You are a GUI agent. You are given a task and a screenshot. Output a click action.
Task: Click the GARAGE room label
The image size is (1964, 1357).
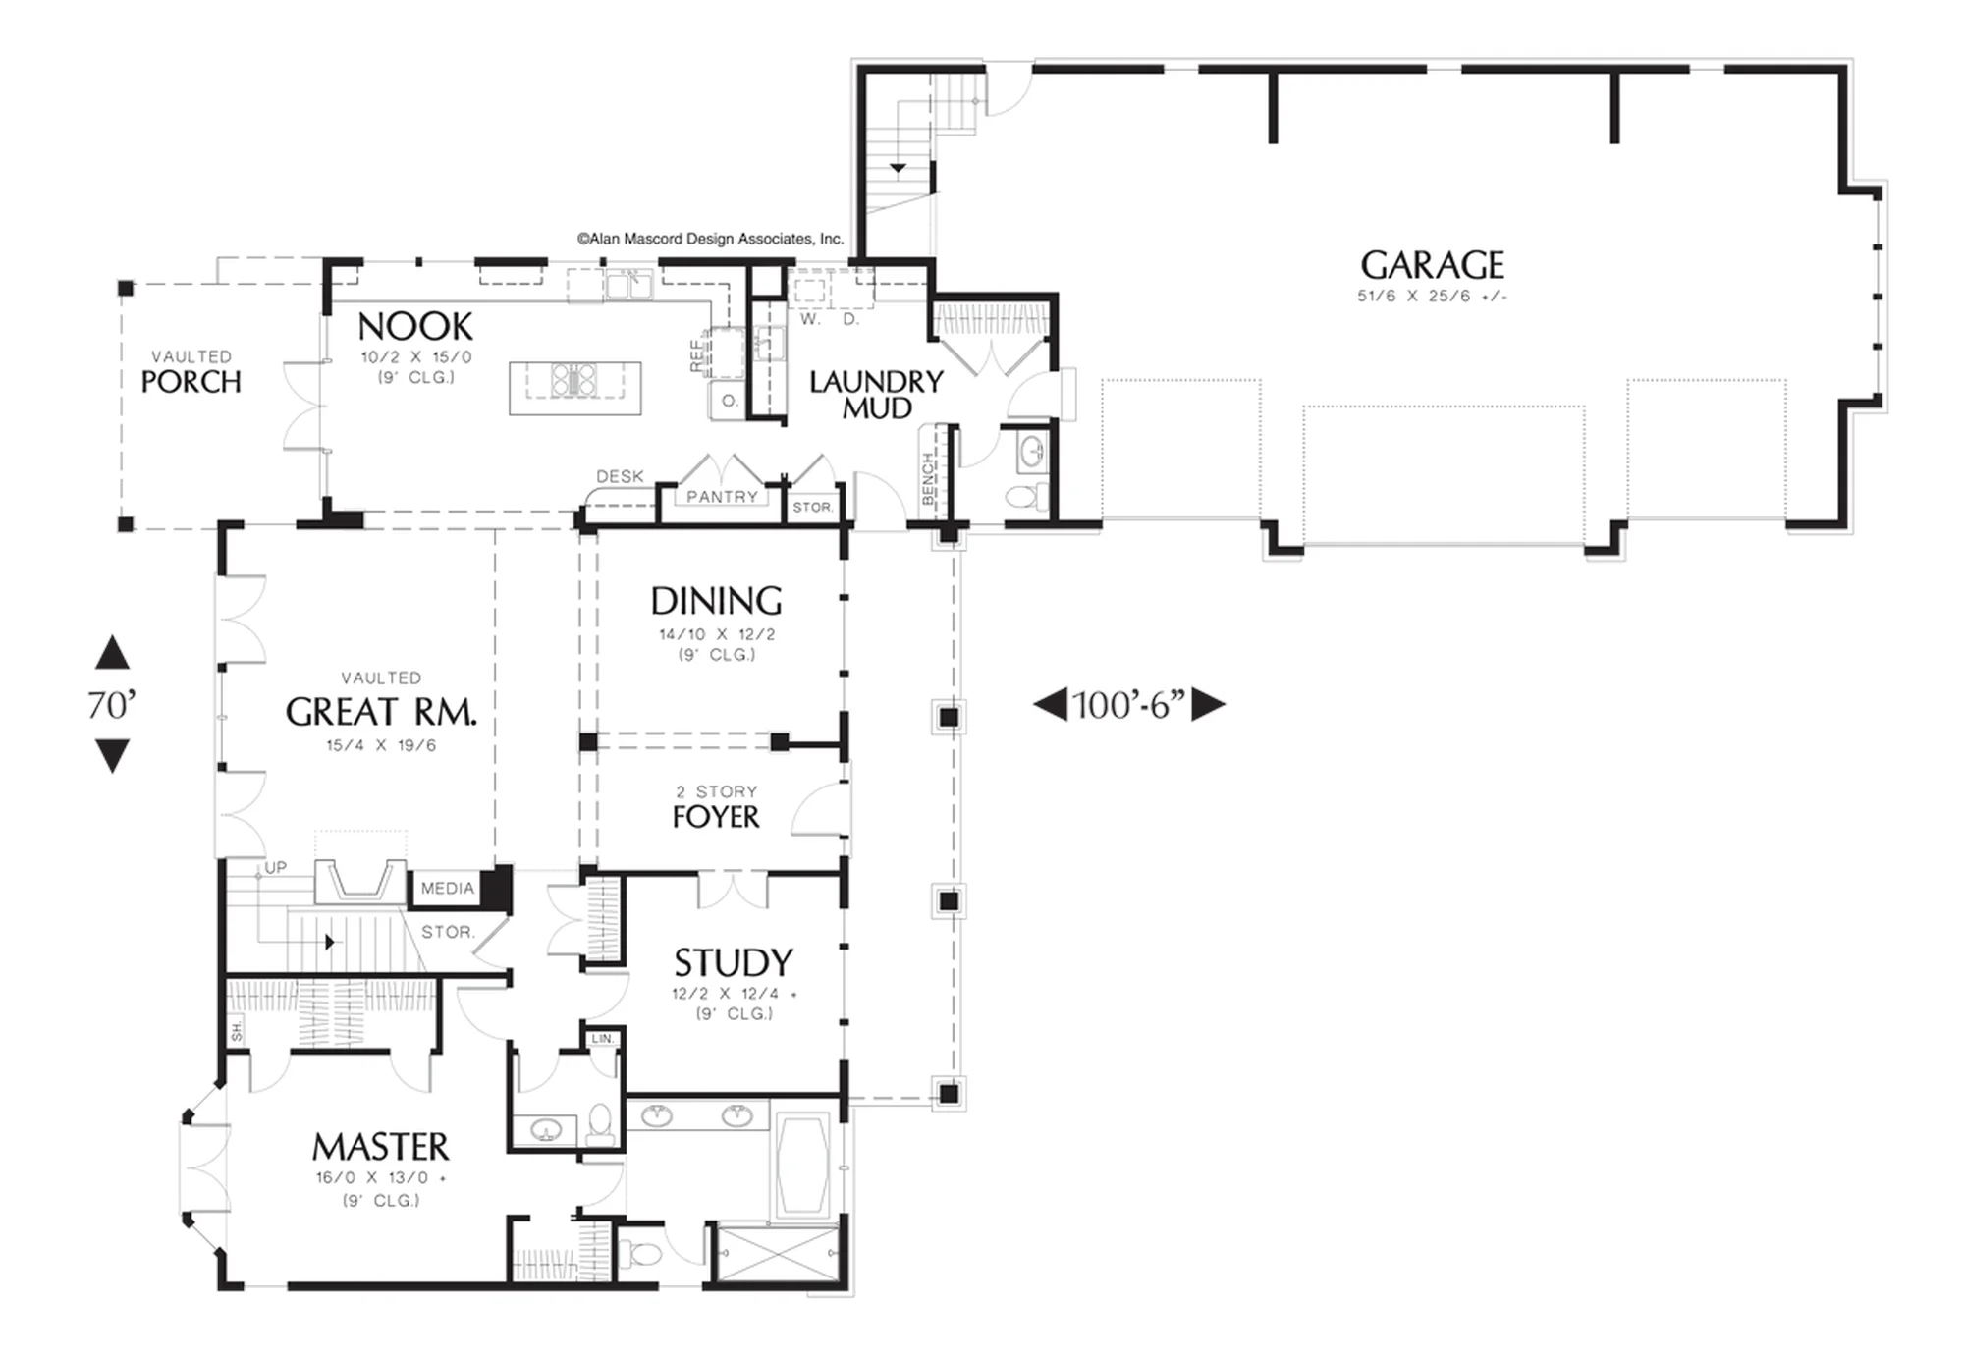1432,265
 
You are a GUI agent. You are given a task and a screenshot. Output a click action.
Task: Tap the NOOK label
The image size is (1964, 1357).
415,327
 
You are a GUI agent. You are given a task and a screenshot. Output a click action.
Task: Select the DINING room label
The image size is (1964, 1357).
717,601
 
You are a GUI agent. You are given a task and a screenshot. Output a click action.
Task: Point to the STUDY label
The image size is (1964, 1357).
734,962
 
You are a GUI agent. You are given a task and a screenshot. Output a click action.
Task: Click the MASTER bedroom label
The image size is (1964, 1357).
381,1147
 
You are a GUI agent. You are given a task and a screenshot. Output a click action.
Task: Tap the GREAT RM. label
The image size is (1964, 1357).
382,712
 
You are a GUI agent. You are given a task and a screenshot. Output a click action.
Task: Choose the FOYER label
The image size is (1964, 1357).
716,817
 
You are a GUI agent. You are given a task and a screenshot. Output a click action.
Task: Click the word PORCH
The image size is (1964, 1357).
191,382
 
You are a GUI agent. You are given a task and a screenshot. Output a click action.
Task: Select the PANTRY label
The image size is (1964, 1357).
723,497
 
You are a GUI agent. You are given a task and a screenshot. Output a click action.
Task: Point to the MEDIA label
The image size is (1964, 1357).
448,888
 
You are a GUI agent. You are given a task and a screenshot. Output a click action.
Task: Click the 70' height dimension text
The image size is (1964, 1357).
111,705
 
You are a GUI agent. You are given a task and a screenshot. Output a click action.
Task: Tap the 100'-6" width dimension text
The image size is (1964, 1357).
1129,705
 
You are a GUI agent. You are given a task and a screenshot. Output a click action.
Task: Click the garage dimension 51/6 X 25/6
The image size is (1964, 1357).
1432,297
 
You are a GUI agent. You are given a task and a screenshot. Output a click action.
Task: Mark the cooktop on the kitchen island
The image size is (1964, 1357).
573,379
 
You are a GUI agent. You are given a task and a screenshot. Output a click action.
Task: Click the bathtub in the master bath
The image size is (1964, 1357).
802,1166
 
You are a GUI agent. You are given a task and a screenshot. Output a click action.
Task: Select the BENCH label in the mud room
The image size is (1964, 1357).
928,478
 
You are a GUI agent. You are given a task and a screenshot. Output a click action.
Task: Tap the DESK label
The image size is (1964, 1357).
621,476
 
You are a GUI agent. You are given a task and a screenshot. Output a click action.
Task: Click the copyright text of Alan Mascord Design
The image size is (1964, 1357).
711,239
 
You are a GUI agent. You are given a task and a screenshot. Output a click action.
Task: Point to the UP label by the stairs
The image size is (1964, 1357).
276,867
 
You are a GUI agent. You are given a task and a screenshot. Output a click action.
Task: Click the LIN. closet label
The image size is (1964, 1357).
602,1038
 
